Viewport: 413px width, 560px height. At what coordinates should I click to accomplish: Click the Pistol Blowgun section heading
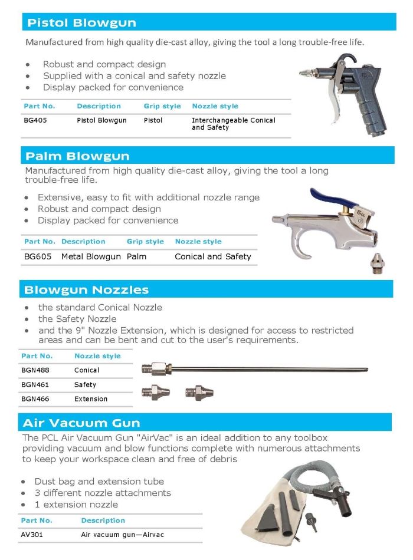pyautogui.click(x=81, y=23)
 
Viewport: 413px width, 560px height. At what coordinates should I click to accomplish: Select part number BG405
pyautogui.click(x=32, y=120)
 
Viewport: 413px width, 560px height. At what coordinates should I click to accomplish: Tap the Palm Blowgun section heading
pyautogui.click(x=77, y=156)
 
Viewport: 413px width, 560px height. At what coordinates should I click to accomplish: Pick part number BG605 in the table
pyautogui.click(x=38, y=256)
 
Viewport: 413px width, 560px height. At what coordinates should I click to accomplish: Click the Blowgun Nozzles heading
pyautogui.click(x=86, y=290)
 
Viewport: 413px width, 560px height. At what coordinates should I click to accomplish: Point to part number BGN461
pyautogui.click(x=35, y=384)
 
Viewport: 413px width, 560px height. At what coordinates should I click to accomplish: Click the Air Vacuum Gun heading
pyautogui.click(x=81, y=423)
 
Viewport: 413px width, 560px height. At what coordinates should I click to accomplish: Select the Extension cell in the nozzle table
pyautogui.click(x=91, y=399)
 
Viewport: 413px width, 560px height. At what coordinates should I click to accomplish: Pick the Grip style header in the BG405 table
pyautogui.click(x=162, y=106)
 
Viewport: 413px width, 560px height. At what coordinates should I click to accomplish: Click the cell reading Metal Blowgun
pyautogui.click(x=91, y=256)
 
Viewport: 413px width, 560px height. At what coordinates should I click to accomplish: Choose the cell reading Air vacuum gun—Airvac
pyautogui.click(x=122, y=535)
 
